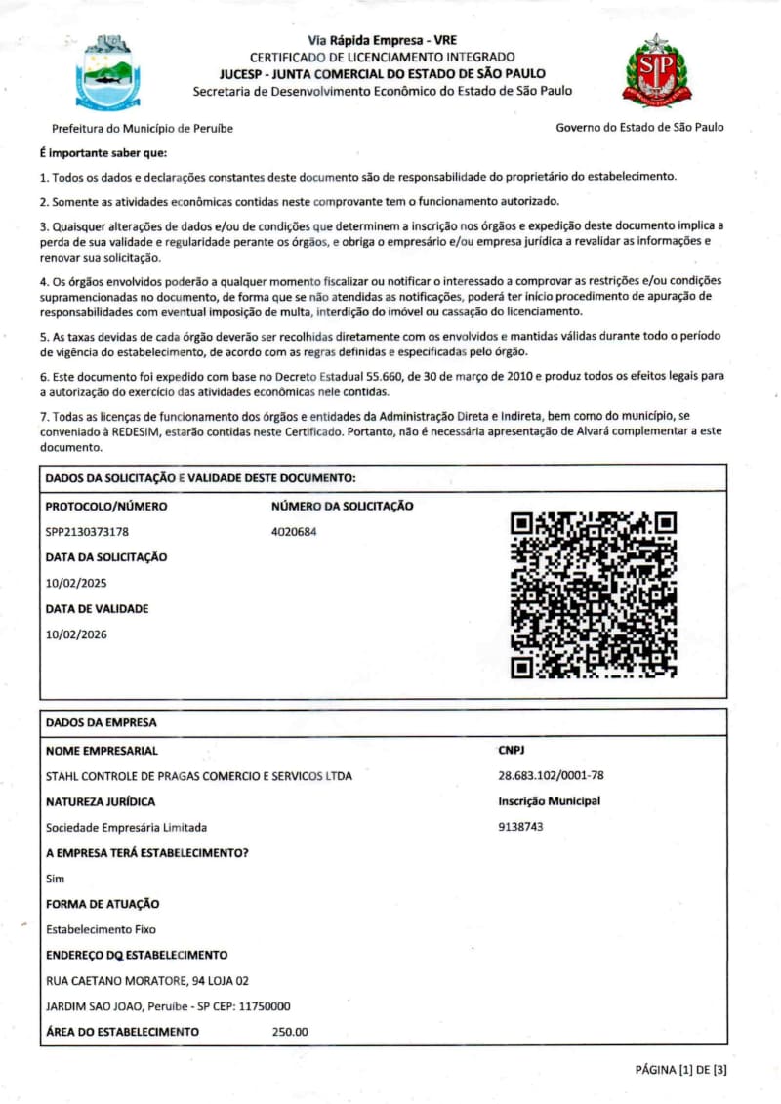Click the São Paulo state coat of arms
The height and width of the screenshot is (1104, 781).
pyautogui.click(x=656, y=70)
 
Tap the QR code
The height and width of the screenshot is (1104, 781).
pyautogui.click(x=594, y=594)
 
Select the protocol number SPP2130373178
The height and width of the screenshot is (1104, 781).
pyautogui.click(x=88, y=532)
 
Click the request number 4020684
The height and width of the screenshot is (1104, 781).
pyautogui.click(x=294, y=532)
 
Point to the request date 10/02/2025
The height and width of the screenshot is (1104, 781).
pyautogui.click(x=76, y=583)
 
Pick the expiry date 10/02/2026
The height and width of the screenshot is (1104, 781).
pyautogui.click(x=76, y=634)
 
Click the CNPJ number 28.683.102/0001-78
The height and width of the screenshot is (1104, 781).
pyautogui.click(x=551, y=776)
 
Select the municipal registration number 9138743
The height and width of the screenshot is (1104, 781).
pyautogui.click(x=520, y=827)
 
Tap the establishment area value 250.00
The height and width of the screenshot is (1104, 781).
pyautogui.click(x=290, y=1032)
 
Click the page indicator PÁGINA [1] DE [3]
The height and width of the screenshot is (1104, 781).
pyautogui.click(x=680, y=1069)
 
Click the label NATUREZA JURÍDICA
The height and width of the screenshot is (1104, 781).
pyautogui.click(x=101, y=801)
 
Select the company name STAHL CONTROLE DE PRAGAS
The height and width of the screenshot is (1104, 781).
pyautogui.click(x=199, y=776)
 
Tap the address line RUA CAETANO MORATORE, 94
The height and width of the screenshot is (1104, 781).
pyautogui.click(x=147, y=981)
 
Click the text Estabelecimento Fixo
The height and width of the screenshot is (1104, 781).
pyautogui.click(x=101, y=929)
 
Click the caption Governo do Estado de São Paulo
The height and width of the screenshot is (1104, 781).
pyautogui.click(x=639, y=127)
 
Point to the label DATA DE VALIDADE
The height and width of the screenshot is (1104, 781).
pyautogui.click(x=98, y=609)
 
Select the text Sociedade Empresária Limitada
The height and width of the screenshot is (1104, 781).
pyautogui.click(x=126, y=827)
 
